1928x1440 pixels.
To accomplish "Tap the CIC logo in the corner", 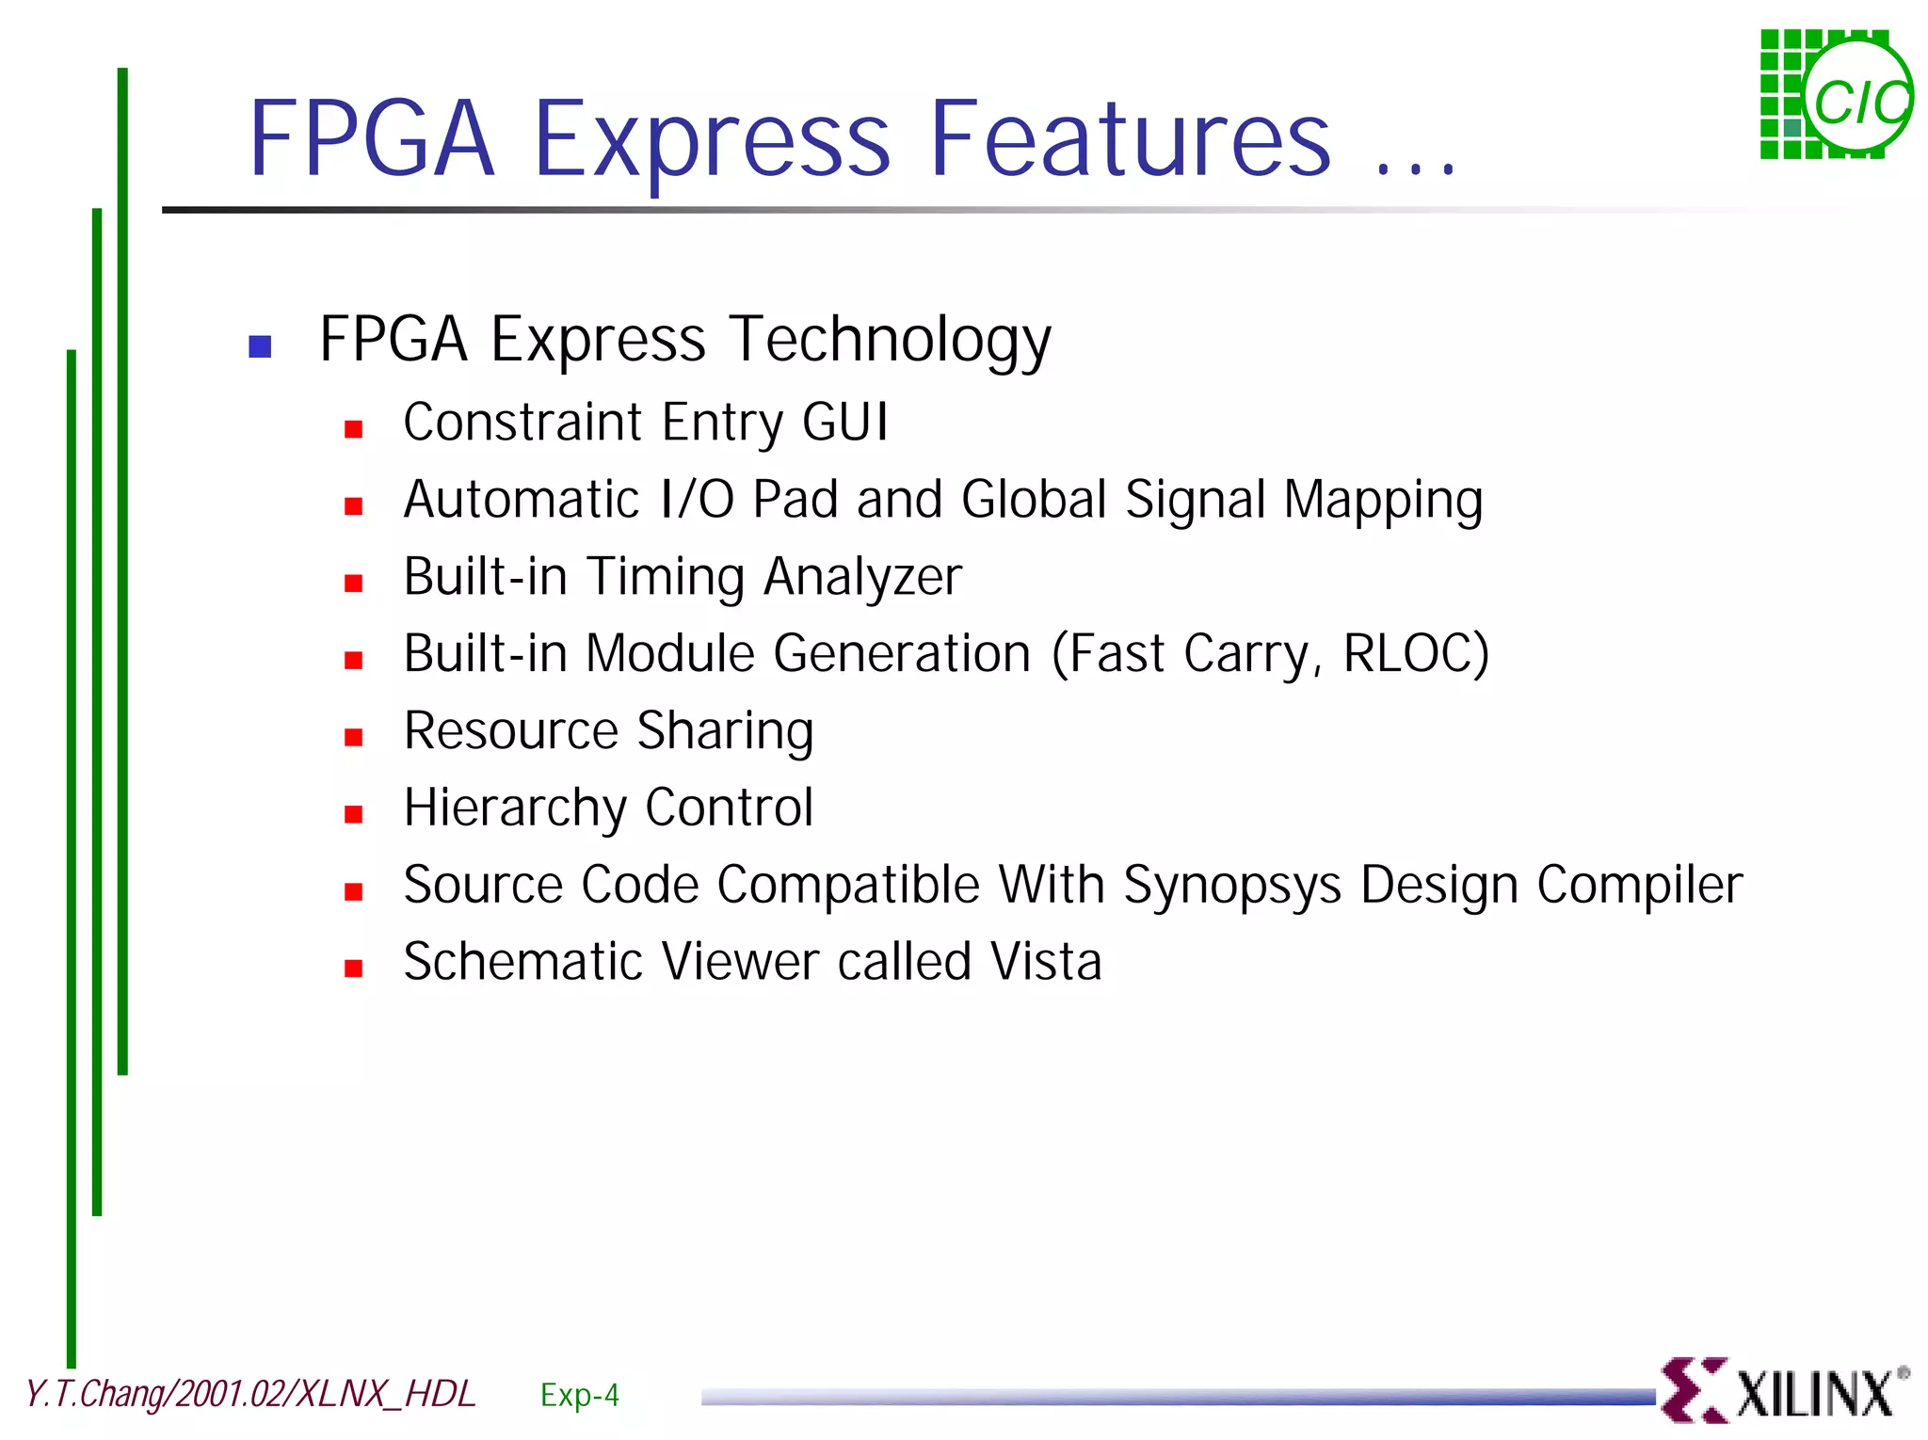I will tap(1836, 94).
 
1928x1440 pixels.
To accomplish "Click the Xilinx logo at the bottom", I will tap(1784, 1391).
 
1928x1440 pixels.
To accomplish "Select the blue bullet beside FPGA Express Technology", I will tap(260, 346).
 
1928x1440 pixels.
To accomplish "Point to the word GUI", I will tap(844, 422).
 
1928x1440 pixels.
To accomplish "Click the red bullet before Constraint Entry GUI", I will tap(354, 429).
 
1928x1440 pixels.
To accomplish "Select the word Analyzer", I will tap(862, 577).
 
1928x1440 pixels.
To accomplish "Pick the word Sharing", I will tap(725, 731).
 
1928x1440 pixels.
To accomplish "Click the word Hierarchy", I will tap(515, 808).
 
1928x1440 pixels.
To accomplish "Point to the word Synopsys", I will tap(1232, 886).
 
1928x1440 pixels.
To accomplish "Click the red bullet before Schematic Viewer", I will tap(354, 968).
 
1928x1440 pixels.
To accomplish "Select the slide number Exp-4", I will tap(580, 1395).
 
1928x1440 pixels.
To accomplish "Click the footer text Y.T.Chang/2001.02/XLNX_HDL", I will tap(250, 1394).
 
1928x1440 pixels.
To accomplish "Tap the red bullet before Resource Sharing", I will tap(354, 737).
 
